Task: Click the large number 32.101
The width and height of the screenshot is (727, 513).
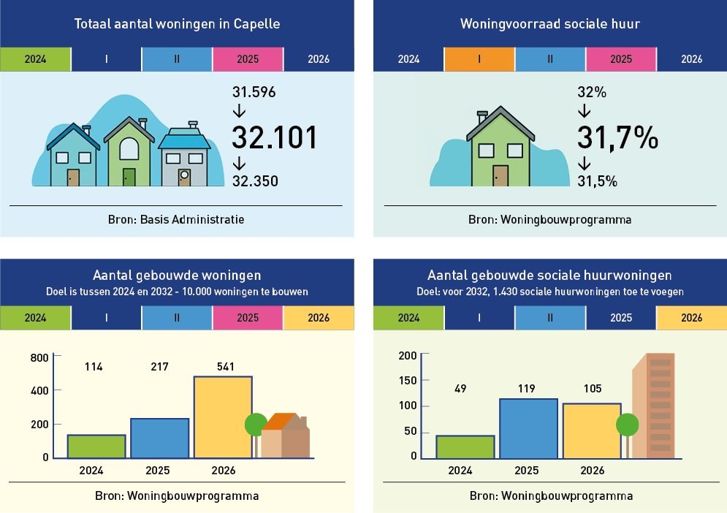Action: tap(275, 137)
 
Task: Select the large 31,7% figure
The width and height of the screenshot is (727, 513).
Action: tap(618, 137)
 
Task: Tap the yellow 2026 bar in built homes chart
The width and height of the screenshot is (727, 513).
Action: tap(223, 417)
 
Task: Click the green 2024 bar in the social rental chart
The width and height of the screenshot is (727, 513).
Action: tap(465, 446)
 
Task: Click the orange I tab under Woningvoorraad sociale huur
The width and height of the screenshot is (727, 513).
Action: tap(479, 59)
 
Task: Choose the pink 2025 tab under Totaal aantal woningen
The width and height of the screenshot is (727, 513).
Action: tap(248, 59)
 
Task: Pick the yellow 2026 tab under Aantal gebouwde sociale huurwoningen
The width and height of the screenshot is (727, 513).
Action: tap(691, 318)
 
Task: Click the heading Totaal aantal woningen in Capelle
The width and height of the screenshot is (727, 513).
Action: tap(177, 24)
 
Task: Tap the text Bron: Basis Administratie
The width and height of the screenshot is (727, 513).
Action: tap(177, 219)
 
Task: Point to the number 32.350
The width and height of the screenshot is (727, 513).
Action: tap(255, 181)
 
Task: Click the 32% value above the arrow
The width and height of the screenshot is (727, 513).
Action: tap(592, 93)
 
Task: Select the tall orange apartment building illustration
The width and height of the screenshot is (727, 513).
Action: tap(653, 406)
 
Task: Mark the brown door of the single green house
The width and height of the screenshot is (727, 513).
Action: tap(500, 176)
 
